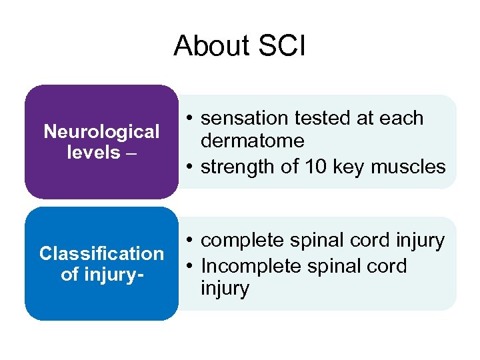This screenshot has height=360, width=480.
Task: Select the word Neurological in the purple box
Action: click(x=101, y=131)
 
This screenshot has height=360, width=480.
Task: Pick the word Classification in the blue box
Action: click(x=101, y=254)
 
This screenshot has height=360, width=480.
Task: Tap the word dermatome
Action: click(x=252, y=141)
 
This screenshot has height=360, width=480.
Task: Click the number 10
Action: click(x=305, y=167)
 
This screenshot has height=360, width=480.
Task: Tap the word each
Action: click(x=403, y=118)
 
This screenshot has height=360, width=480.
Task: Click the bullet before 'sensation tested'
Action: click(x=190, y=119)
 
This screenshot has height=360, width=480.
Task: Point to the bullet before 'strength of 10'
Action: click(x=190, y=167)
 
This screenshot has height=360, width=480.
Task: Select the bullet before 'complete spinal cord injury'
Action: click(x=190, y=241)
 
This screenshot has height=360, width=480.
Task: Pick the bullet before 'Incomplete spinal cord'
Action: click(x=190, y=266)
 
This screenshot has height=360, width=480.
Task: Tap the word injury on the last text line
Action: click(x=225, y=289)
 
